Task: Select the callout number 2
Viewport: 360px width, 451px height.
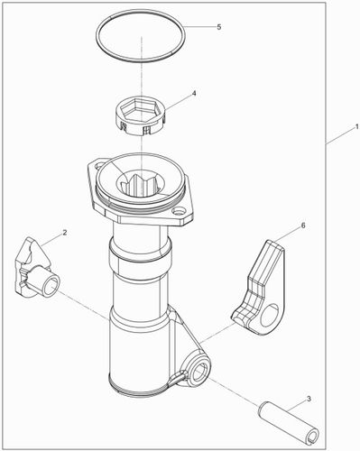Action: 65,234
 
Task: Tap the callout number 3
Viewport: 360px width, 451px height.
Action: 309,398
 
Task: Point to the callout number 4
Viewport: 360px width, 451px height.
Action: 193,93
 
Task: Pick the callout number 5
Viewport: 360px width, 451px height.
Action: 218,27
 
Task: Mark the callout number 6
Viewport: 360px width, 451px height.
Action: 302,225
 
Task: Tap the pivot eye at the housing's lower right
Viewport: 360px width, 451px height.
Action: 197,368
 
